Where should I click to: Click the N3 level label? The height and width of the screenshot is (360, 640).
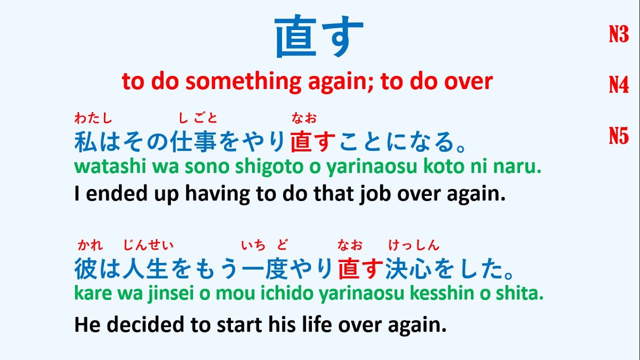coord(618,34)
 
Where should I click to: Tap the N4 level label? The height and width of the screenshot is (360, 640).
coord(618,85)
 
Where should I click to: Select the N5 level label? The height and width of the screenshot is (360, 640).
coord(618,135)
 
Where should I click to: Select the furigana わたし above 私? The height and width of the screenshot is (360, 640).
coord(93,118)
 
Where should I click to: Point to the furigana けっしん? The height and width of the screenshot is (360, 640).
coord(414,245)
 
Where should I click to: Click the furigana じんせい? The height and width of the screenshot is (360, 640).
coord(148,245)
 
